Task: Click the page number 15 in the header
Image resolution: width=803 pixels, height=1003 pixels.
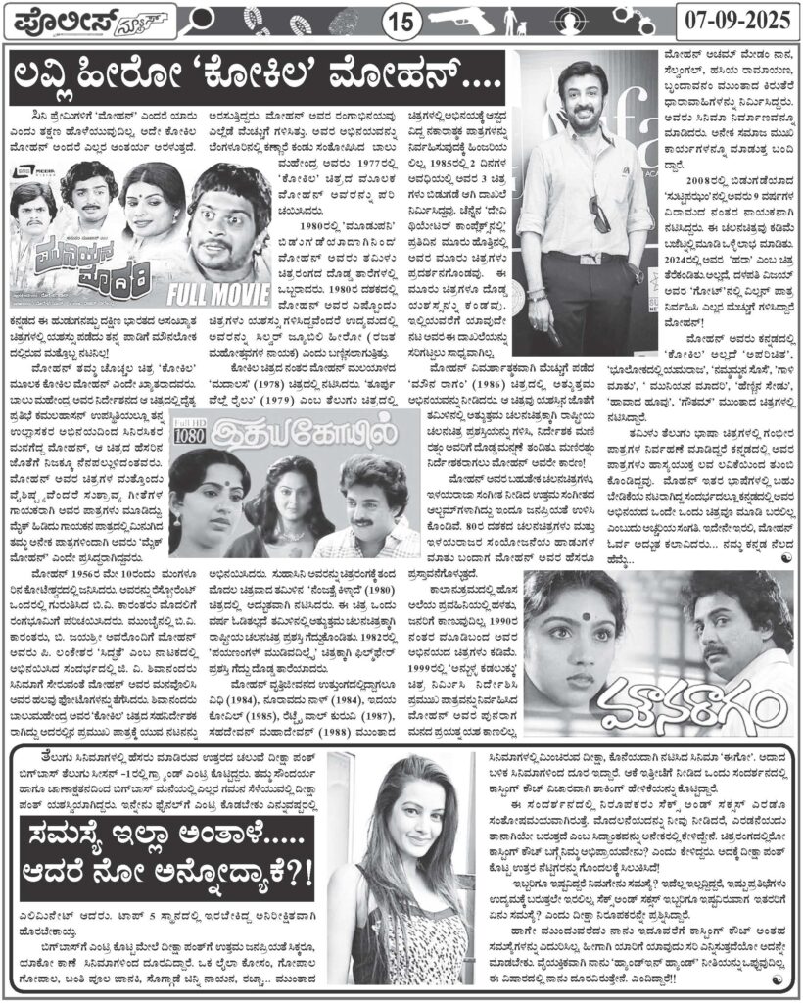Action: click(400, 21)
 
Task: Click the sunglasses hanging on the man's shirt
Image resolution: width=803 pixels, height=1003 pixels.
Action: click(598, 213)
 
